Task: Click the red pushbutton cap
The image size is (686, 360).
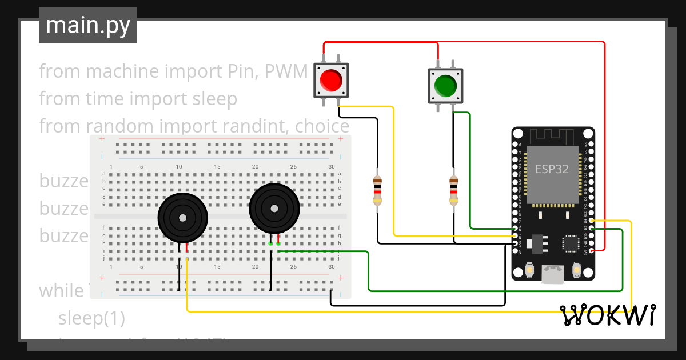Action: pyautogui.click(x=332, y=80)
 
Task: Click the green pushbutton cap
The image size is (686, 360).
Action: pyautogui.click(x=445, y=86)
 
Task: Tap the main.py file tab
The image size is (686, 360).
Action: pyautogui.click(x=88, y=25)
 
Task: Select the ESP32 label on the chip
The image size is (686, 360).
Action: pyautogui.click(x=552, y=169)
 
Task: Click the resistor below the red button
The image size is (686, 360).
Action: pyautogui.click(x=377, y=190)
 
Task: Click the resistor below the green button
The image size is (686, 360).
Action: pyautogui.click(x=453, y=190)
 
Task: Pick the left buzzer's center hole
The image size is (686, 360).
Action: pyautogui.click(x=182, y=218)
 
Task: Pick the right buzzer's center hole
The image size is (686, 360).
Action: pyautogui.click(x=274, y=208)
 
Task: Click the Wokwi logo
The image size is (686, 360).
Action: pyautogui.click(x=608, y=315)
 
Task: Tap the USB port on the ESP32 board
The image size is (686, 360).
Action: pyautogui.click(x=552, y=274)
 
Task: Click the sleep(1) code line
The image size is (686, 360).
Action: pyautogui.click(x=91, y=318)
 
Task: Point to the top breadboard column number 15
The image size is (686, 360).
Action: pyautogui.click(x=217, y=166)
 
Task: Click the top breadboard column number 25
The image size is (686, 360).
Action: pyautogui.click(x=293, y=166)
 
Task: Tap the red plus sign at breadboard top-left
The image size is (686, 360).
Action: pyautogui.click(x=102, y=139)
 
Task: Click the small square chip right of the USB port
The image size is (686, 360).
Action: pyautogui.click(x=572, y=243)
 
